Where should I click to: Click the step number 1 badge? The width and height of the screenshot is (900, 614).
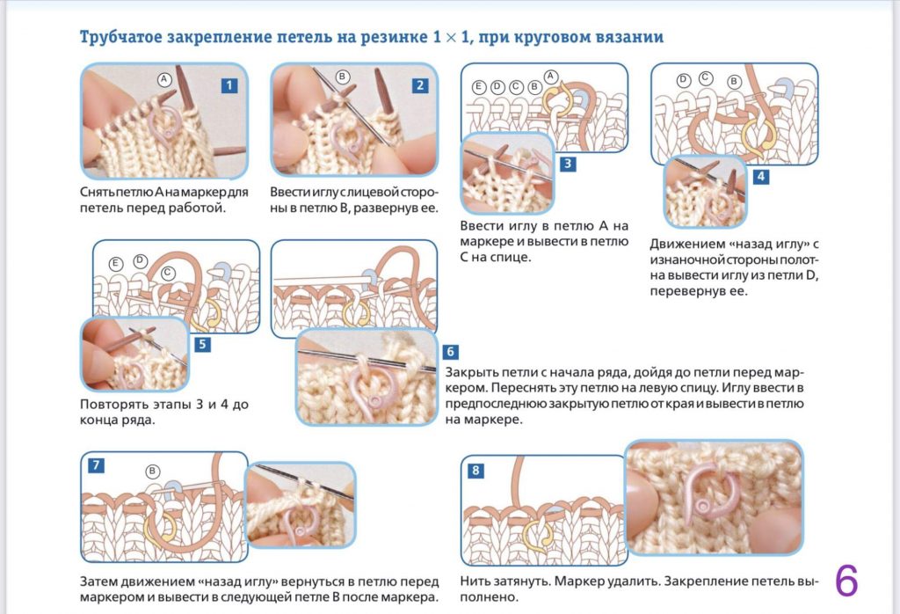(229, 85)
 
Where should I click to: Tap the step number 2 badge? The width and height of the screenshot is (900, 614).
(420, 85)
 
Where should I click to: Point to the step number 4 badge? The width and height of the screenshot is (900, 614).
(760, 176)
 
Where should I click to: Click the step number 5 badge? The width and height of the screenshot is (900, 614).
(203, 344)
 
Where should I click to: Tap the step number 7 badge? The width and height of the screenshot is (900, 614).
(95, 464)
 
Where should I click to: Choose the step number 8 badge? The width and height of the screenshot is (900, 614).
(475, 471)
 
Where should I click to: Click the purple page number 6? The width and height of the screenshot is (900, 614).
(846, 581)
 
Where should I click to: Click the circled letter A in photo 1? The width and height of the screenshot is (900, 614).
(163, 79)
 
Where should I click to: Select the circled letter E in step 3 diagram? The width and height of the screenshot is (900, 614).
(479, 86)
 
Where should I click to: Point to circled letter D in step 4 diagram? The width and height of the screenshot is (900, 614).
(683, 80)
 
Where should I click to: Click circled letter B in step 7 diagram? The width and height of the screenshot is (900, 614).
(152, 471)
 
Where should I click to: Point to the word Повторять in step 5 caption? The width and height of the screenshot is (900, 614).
(110, 404)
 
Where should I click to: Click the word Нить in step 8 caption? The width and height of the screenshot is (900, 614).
(475, 581)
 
